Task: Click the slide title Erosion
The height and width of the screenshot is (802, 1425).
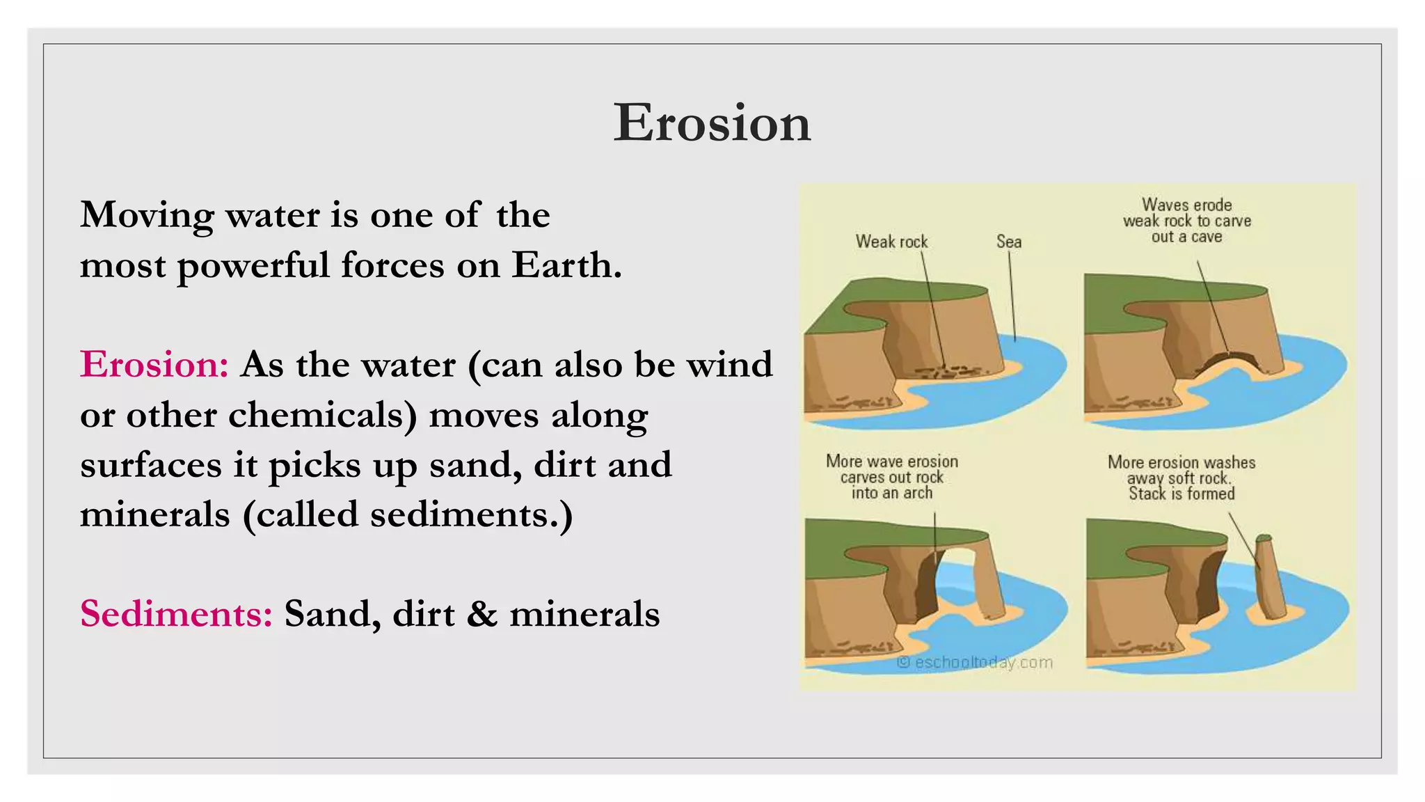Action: pos(712,123)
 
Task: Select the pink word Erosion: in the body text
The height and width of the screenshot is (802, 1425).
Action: pos(154,364)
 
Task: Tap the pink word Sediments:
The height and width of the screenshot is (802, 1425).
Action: pos(176,614)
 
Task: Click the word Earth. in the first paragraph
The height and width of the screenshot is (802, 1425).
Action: pos(566,265)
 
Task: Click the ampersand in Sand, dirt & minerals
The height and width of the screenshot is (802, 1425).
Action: pos(482,614)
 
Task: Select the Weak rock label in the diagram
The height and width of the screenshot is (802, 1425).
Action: pos(891,242)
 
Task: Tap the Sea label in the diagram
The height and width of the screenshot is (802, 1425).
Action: pos(1008,242)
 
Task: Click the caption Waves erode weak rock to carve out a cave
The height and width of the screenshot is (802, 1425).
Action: pos(1186,221)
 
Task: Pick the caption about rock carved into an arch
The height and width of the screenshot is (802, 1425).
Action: pos(891,477)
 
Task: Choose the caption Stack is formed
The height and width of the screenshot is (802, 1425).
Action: pos(1181,494)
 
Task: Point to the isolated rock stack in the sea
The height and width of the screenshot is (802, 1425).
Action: pos(1271,578)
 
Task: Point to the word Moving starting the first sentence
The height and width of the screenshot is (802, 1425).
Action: pos(147,215)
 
